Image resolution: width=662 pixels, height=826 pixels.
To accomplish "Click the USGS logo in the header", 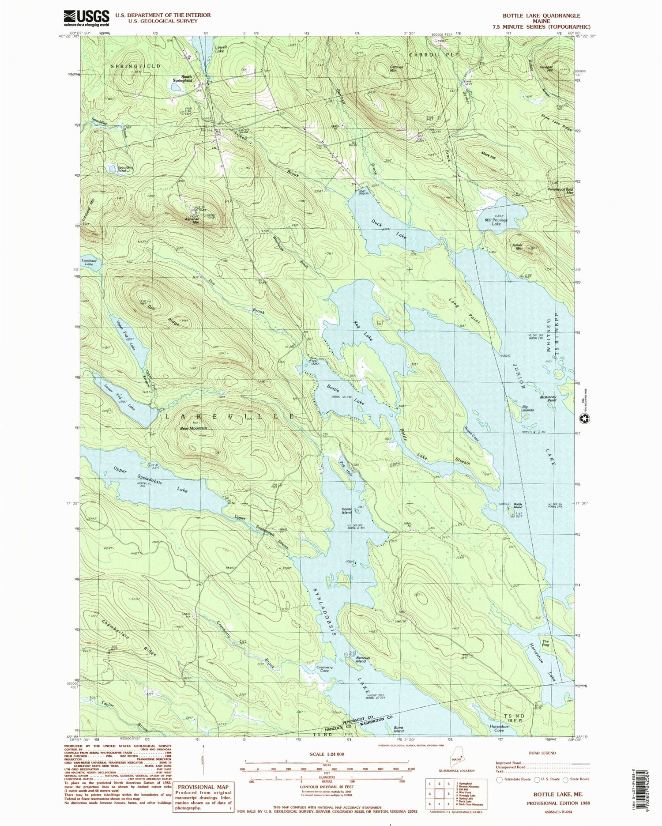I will coord(87,18).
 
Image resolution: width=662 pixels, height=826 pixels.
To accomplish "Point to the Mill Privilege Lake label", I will coord(496,222).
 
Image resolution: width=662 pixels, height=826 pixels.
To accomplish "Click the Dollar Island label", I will coord(347,511).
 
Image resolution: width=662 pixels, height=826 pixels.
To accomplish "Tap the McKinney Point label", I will coord(548,398).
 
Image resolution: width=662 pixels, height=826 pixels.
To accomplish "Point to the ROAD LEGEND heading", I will coord(542,753).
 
